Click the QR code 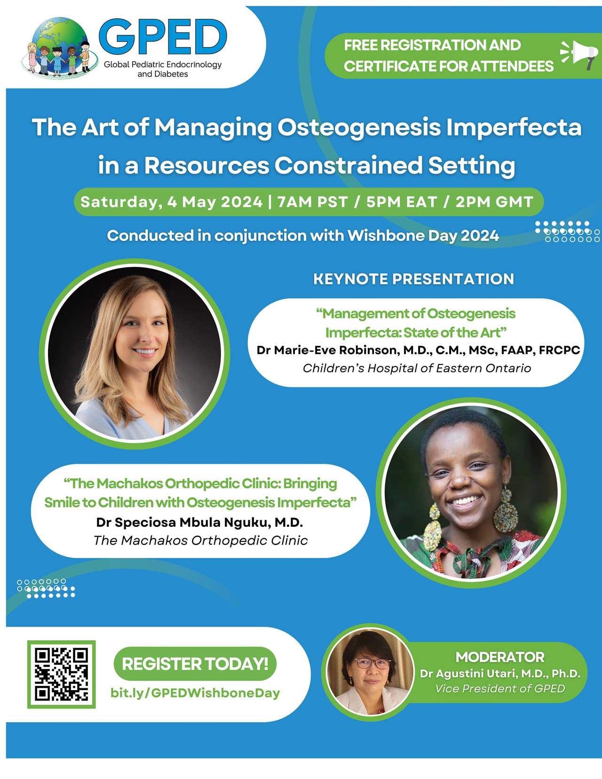61,674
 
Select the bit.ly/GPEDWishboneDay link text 195,692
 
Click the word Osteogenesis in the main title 359,127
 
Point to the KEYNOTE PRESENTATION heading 413,279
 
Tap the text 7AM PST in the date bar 312,201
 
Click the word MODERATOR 500,657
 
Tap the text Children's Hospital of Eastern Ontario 417,368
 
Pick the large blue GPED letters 163,37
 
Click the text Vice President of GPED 500,689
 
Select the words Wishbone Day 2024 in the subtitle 423,236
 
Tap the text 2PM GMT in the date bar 494,201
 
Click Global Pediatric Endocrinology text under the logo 163,65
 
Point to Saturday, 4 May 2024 171,202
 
